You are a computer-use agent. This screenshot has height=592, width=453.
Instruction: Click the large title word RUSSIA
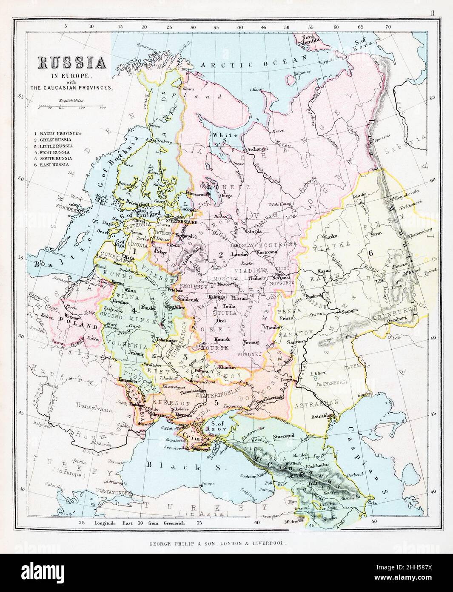pos(72,63)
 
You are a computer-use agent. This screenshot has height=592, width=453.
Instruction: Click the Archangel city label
pos(256,149)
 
